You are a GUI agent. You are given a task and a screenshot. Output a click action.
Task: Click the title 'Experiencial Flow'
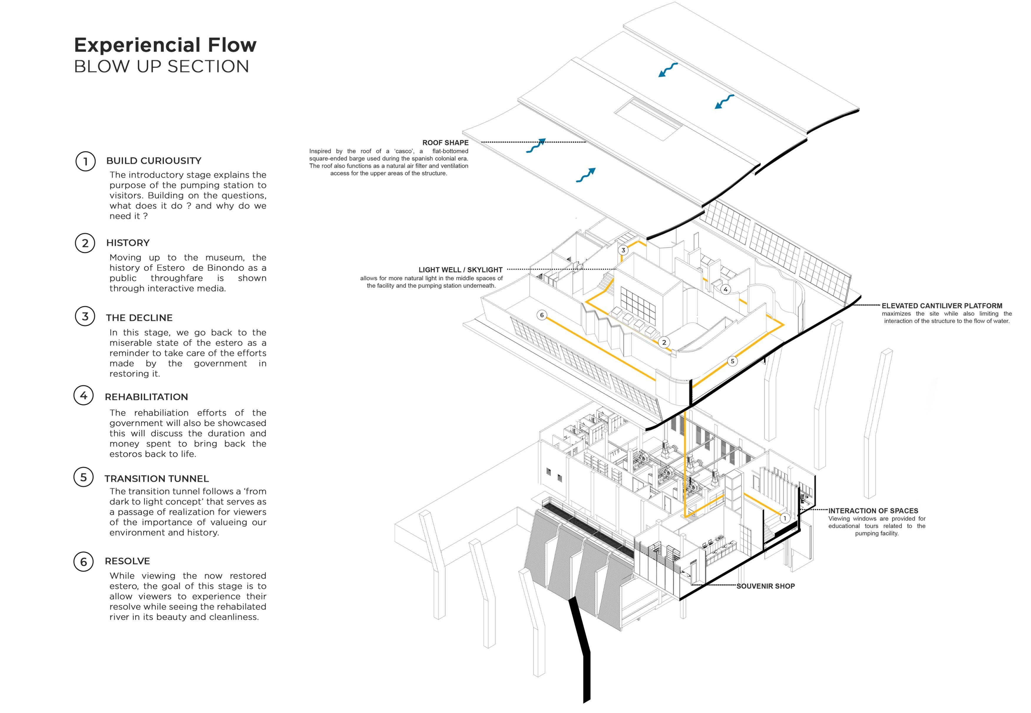click(165, 45)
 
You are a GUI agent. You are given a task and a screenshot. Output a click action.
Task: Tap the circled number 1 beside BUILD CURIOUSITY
click(85, 161)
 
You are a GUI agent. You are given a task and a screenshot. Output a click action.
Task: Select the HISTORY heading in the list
click(128, 243)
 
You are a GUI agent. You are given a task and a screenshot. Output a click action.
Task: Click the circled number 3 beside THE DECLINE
click(85, 317)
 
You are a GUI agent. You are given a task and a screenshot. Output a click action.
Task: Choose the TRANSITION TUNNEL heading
click(156, 479)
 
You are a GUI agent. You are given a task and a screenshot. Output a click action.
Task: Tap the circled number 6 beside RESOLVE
click(84, 562)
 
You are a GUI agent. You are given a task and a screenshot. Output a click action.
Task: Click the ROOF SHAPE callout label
click(445, 143)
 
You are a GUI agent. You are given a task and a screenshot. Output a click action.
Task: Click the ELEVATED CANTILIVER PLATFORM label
click(942, 306)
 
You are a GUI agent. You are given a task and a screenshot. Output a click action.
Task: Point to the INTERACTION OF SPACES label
click(873, 511)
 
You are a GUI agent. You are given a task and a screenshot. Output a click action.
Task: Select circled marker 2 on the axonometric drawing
click(664, 343)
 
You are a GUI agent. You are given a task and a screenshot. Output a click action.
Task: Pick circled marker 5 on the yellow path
click(732, 361)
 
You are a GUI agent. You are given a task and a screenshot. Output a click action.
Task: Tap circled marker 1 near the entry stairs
click(785, 518)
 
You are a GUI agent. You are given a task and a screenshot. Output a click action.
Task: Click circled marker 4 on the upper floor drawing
click(725, 289)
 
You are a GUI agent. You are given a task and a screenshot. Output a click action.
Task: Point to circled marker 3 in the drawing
click(623, 250)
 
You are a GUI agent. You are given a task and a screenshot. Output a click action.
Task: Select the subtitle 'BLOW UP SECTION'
click(161, 67)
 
